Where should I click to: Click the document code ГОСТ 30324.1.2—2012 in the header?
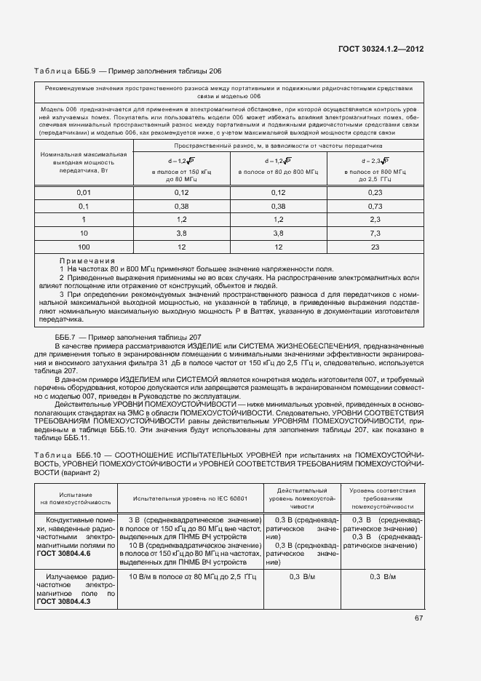[x=381, y=49]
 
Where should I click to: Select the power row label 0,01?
[x=84, y=192]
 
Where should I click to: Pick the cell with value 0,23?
[x=375, y=192]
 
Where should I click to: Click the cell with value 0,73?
[x=375, y=206]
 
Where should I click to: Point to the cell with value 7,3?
[x=375, y=233]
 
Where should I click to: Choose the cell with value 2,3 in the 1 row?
[x=375, y=219]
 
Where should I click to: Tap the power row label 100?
[x=84, y=247]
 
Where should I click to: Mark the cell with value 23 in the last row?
[x=375, y=247]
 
